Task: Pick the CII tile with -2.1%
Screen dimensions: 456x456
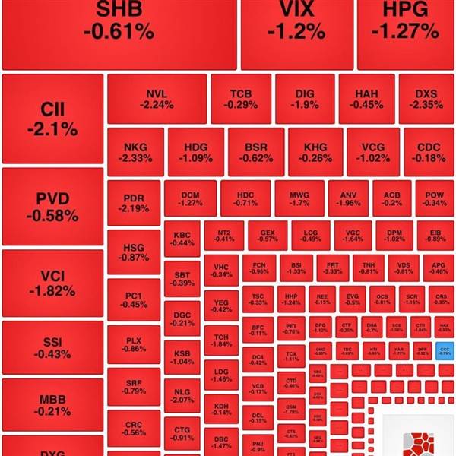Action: tap(52, 119)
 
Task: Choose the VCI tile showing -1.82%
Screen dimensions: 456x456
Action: tap(52, 283)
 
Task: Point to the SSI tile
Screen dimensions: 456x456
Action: tap(52, 347)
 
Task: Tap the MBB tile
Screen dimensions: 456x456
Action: tap(52, 404)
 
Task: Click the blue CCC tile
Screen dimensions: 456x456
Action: tap(445, 351)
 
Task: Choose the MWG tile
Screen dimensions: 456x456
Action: tap(299, 198)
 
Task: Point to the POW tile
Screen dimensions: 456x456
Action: tap(434, 198)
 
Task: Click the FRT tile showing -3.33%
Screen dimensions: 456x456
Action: tap(332, 267)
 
